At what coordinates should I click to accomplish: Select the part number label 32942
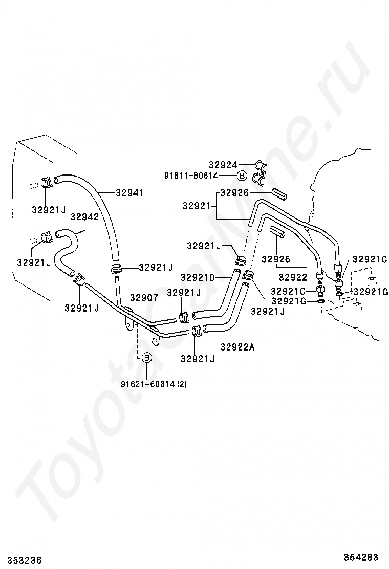[x=84, y=216]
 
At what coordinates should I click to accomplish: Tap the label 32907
[x=143, y=297]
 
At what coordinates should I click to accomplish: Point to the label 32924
[x=223, y=165]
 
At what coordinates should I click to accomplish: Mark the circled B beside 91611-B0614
[x=242, y=176]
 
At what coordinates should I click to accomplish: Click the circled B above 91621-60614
[x=146, y=357]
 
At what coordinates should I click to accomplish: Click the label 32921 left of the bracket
[x=197, y=205]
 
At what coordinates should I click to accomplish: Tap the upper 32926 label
[x=234, y=193]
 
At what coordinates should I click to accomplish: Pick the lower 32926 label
[x=276, y=259]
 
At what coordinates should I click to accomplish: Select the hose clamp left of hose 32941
[x=46, y=181]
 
